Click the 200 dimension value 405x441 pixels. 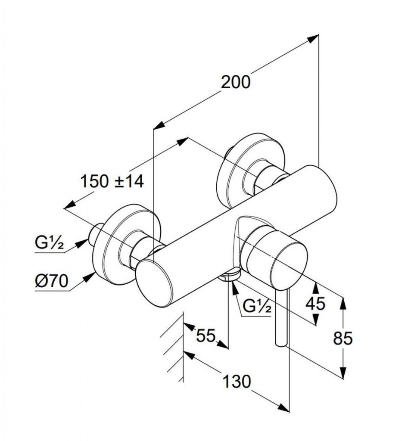click(x=235, y=82)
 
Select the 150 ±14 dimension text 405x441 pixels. click(x=112, y=181)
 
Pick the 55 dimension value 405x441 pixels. click(x=206, y=335)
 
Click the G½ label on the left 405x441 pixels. click(x=49, y=244)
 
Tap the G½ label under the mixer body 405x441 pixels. click(x=256, y=307)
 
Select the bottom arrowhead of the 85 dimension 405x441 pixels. click(x=343, y=372)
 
